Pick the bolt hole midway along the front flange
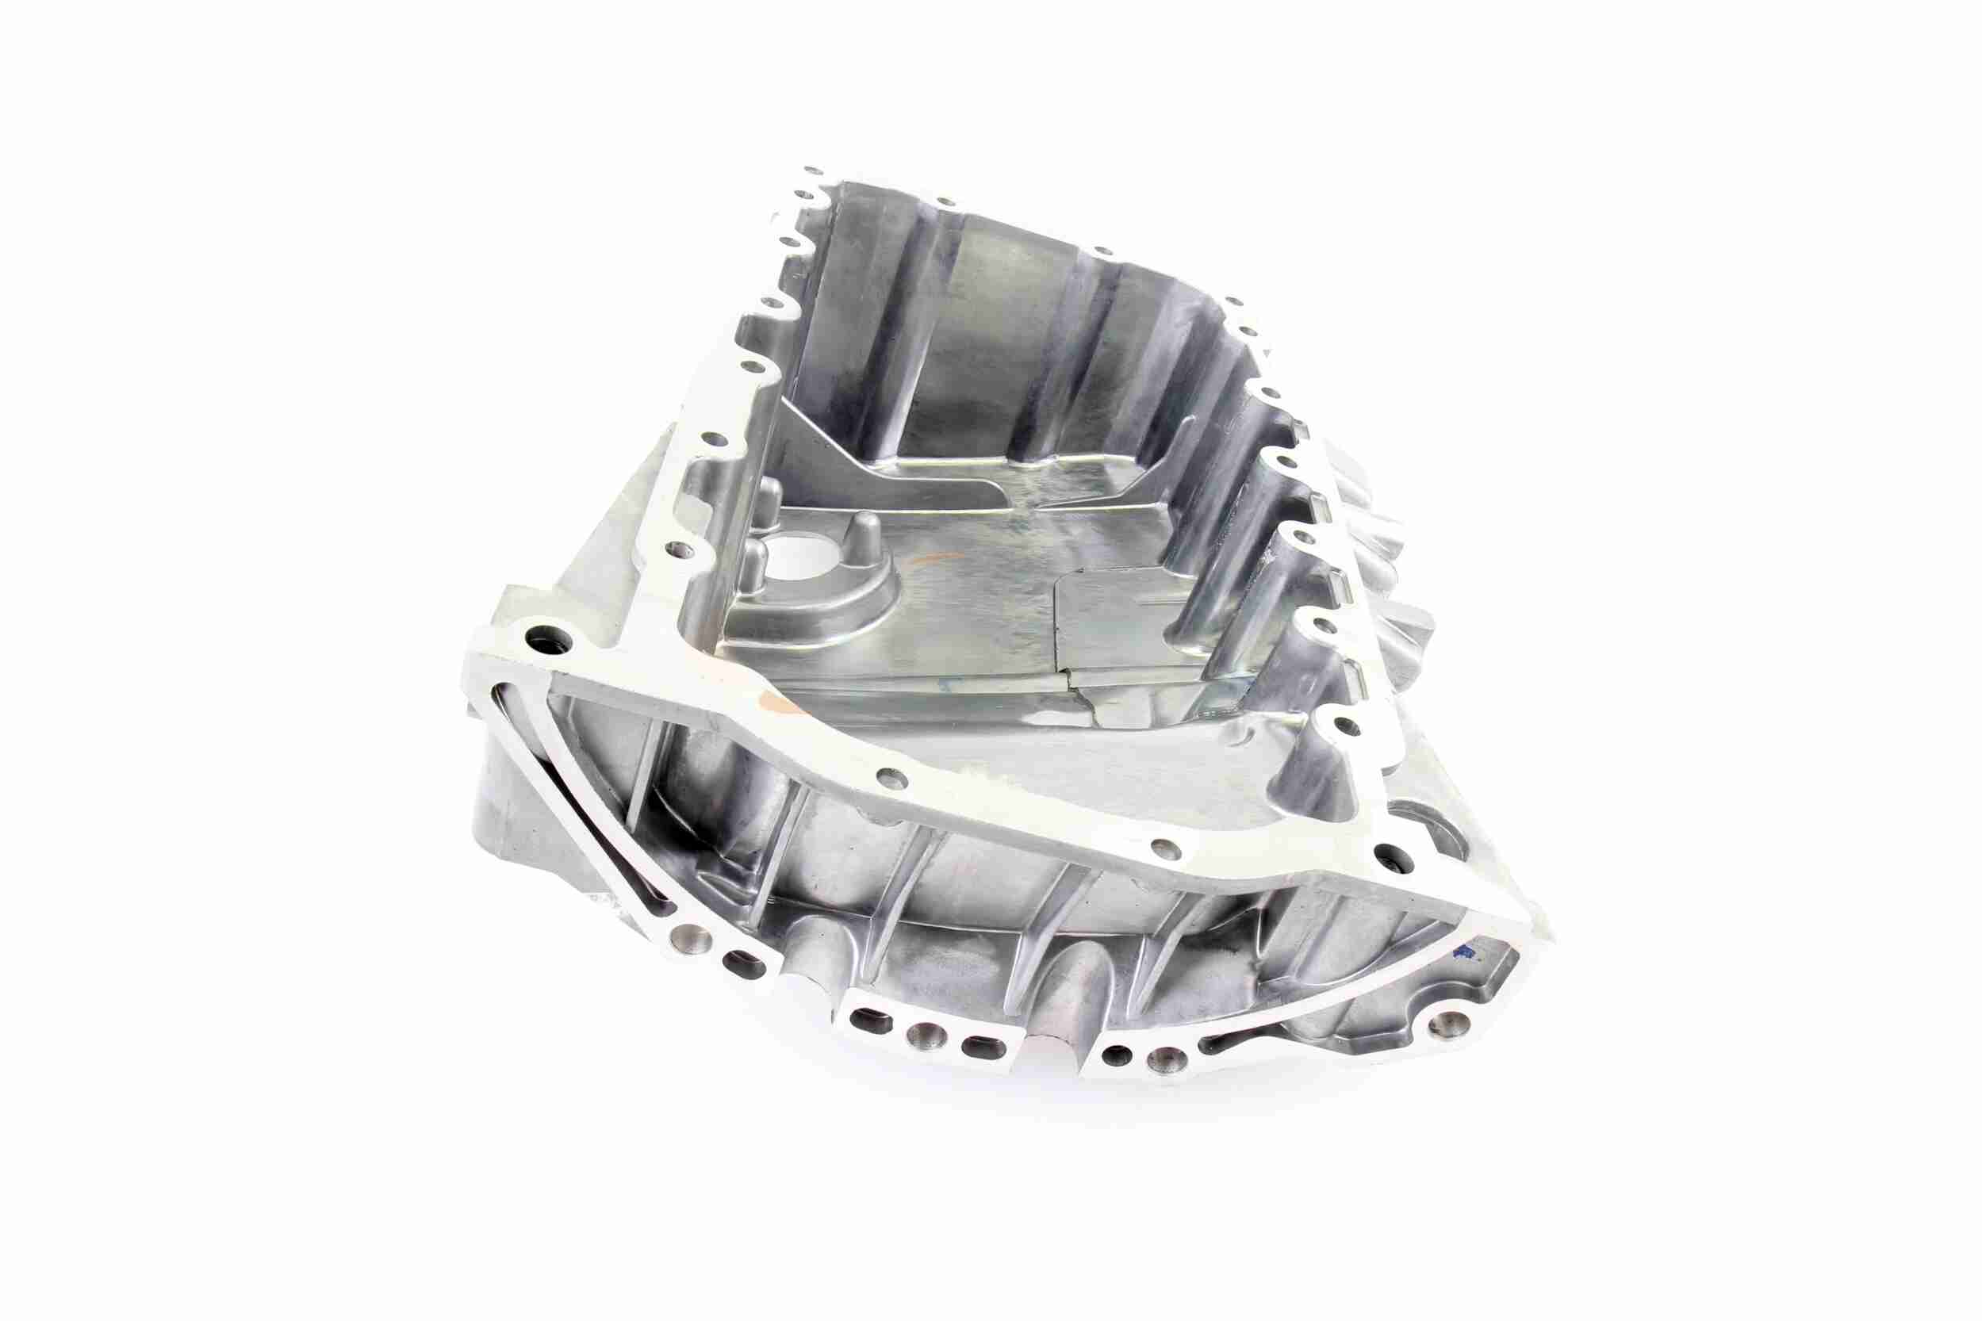886,772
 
